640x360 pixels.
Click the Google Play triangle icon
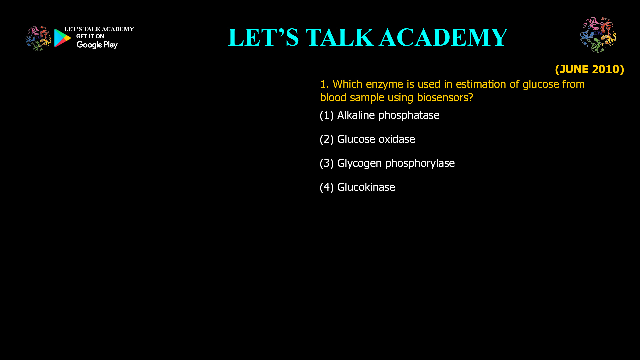[62, 38]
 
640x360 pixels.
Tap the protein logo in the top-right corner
[598, 35]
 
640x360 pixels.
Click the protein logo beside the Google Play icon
[38, 39]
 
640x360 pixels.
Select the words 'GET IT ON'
[90, 36]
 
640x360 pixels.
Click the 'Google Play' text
[97, 45]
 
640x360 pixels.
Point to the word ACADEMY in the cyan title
[443, 37]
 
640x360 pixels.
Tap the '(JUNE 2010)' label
[589, 69]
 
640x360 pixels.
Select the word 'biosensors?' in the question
[445, 98]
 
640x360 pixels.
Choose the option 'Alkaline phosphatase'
[388, 115]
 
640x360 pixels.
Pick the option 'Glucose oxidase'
[376, 139]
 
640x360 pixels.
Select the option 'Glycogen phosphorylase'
[396, 163]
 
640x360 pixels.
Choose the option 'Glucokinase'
[366, 187]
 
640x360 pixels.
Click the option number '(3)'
[327, 163]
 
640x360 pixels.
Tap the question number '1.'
[324, 84]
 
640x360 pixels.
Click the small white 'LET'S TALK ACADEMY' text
[99, 29]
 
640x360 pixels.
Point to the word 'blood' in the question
[333, 98]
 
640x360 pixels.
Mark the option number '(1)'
[327, 115]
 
